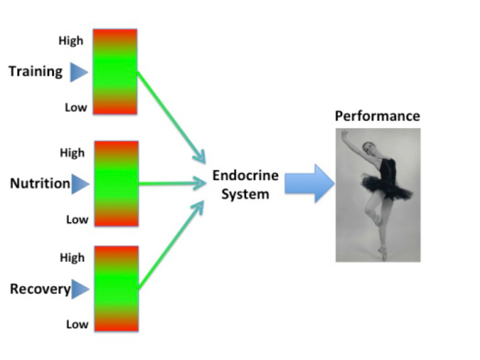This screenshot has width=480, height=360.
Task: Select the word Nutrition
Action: coord(40,184)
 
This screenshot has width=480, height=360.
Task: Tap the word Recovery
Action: coord(40,289)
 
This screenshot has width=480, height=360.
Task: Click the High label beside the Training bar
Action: coord(71,40)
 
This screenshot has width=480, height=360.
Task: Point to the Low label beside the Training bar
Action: coord(76,108)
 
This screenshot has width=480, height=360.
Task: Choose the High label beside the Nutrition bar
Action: coord(72,152)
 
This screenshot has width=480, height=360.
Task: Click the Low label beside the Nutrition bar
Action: coord(77,220)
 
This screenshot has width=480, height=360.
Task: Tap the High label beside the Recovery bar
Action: coord(72,257)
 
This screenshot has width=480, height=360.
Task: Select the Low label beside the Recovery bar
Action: coord(77,324)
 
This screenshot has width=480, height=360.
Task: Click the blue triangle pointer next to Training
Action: coord(79,72)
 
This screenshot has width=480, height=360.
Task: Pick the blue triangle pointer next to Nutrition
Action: coord(80,184)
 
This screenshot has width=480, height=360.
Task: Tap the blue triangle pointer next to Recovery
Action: coord(80,289)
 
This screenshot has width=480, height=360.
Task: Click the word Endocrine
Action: coord(245,176)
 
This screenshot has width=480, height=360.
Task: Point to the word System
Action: coord(245,194)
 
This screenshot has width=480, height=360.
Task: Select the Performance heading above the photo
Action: coord(377,116)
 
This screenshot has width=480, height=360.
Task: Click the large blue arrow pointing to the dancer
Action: coord(310,184)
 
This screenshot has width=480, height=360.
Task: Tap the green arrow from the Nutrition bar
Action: coord(172,184)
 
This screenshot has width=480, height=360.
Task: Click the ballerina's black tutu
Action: coord(386,186)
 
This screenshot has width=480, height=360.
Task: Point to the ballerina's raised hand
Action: coord(345,134)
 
